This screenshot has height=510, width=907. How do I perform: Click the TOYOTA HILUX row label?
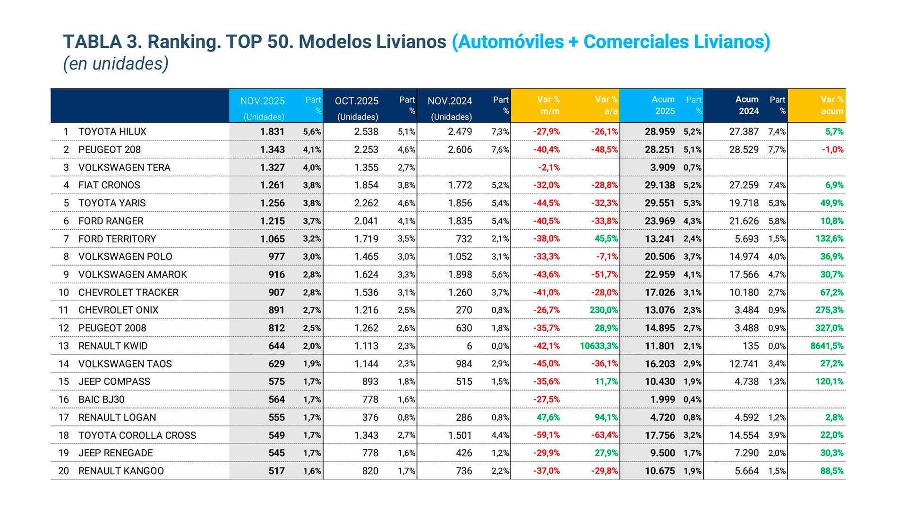tap(112, 132)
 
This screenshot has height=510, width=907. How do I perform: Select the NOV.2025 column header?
tap(262, 101)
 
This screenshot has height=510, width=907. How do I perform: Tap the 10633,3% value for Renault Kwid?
tap(599, 346)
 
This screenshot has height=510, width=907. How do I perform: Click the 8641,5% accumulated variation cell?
tap(827, 346)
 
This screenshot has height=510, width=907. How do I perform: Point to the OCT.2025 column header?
tap(357, 101)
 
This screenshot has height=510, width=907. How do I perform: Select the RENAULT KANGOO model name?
tap(121, 471)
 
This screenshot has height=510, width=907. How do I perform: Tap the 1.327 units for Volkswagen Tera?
tap(272, 168)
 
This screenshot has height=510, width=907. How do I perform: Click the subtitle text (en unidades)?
tap(116, 64)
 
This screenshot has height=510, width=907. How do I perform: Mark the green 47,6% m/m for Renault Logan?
tap(548, 417)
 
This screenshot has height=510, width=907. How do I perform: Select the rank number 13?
tap(63, 346)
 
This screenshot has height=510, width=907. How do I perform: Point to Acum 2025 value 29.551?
tap(659, 203)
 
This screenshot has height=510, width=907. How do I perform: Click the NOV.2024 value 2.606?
tap(460, 150)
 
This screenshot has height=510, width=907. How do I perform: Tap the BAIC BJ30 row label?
tap(101, 399)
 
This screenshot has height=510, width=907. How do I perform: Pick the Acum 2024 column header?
tap(747, 105)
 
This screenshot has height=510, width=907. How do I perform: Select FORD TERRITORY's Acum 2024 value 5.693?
tap(746, 239)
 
